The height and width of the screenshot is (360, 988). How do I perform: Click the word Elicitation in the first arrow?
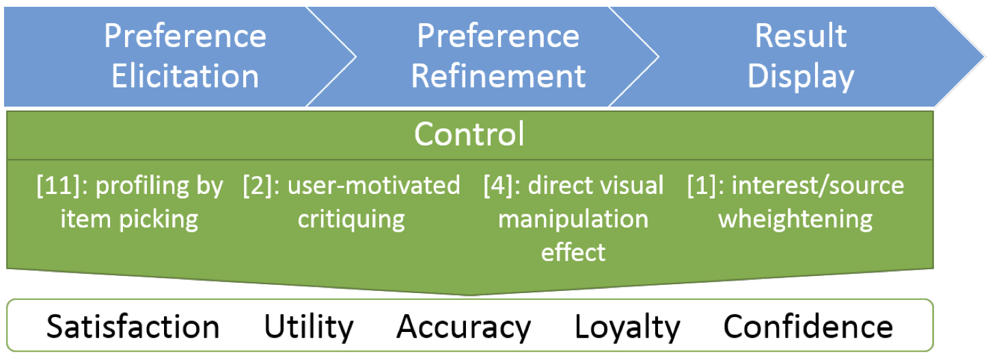click(185, 76)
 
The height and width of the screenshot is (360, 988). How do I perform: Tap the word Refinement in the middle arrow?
click(498, 76)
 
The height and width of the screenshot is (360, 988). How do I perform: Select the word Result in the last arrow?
click(801, 36)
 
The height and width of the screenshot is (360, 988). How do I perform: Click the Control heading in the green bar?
click(469, 134)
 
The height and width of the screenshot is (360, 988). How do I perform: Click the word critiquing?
click(351, 219)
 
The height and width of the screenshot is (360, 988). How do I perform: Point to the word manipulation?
click(573, 219)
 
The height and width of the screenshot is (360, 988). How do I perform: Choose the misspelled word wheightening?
click(795, 219)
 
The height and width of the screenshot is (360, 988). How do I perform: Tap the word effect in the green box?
click(573, 252)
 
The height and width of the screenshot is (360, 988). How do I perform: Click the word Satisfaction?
click(133, 327)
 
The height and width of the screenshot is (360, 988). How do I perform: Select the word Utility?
click(309, 328)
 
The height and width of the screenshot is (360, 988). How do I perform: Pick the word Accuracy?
click(463, 328)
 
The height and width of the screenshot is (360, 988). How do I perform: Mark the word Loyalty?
click(628, 328)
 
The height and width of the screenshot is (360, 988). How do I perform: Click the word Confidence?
click(808, 327)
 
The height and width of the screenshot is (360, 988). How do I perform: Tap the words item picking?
click(129, 219)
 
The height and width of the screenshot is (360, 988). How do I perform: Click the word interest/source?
click(818, 185)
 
